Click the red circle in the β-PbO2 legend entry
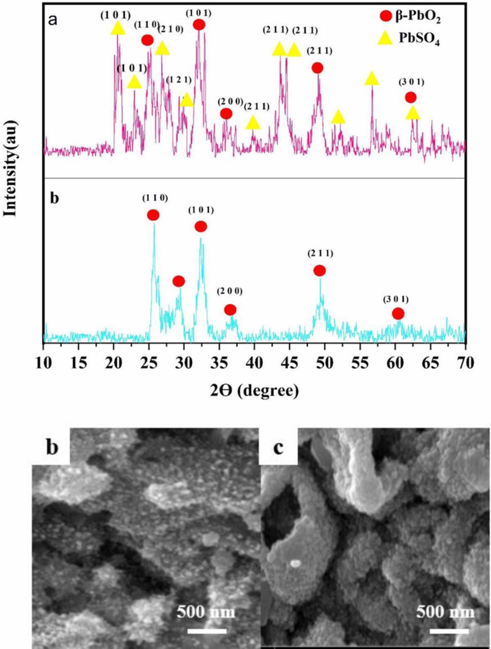pyautogui.click(x=386, y=23)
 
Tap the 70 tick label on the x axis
pyautogui.click(x=465, y=363)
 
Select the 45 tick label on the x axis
pyautogui.click(x=289, y=363)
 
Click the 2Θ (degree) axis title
pyautogui.click(x=254, y=390)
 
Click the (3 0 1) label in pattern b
pyautogui.click(x=396, y=300)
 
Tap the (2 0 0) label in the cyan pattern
pyautogui.click(x=230, y=291)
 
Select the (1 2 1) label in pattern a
pyautogui.click(x=179, y=80)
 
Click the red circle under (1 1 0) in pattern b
pyautogui.click(x=153, y=215)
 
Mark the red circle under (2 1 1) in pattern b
pyautogui.click(x=320, y=271)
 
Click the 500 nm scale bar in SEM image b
pyautogui.click(x=206, y=631)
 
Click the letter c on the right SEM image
pyautogui.click(x=277, y=448)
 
